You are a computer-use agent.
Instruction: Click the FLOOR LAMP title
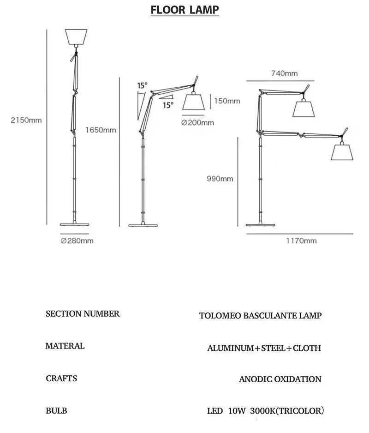coord(184,10)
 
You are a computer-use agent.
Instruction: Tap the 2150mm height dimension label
coord(27,120)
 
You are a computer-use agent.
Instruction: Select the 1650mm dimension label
coord(101,130)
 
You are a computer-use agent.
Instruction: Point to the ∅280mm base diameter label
coord(77,241)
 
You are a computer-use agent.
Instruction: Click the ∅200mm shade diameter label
coord(198,122)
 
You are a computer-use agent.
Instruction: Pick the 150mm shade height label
coord(227,101)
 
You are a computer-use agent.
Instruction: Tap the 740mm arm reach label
coord(284,73)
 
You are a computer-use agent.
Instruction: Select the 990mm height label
coord(220,179)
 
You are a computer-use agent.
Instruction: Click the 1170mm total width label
coord(301,241)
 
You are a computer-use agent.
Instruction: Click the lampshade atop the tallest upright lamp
coord(76,37)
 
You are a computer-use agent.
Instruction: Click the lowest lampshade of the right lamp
coord(342,151)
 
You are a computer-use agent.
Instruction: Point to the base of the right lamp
coord(261,224)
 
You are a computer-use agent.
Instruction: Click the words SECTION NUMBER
coord(83,314)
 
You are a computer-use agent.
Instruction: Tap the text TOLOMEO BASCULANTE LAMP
coord(260,316)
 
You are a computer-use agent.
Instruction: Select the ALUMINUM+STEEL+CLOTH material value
coord(264,348)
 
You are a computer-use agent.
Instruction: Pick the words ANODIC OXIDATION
coord(280,379)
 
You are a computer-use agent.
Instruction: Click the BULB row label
coord(56,410)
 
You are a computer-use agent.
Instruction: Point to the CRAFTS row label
coord(61,379)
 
